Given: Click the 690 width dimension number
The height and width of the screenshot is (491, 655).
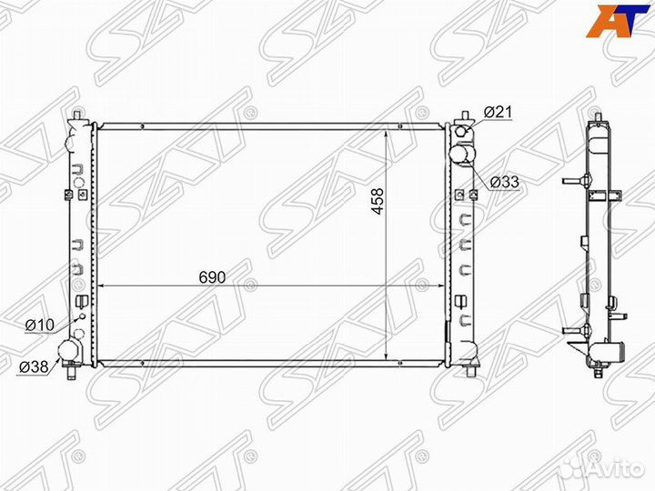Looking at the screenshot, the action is pos(212,277).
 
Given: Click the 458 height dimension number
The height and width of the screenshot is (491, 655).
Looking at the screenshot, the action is pos(378,201).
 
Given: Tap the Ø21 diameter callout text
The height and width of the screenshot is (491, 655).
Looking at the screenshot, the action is pos(497,112).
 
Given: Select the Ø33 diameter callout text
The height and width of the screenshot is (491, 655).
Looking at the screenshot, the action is pos(504,182).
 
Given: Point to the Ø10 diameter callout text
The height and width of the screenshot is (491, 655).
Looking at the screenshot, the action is pos(40,325).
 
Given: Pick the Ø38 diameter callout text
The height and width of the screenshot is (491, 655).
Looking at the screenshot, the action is pos(34,367).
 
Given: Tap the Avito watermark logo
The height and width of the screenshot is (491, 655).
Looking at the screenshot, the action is pos(605,469).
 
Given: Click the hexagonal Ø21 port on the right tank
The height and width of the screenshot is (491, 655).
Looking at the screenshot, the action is pos(461,132).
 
